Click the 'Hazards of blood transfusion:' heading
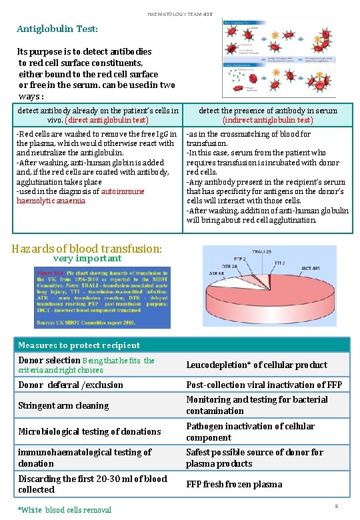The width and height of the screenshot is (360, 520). [87, 249]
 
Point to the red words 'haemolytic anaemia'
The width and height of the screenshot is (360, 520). [51, 201]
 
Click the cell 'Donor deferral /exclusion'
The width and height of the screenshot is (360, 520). [71, 385]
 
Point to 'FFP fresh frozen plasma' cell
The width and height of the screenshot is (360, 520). [234, 484]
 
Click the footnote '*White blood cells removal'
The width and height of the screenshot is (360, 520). [65, 510]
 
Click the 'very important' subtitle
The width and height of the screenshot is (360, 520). [87, 259]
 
